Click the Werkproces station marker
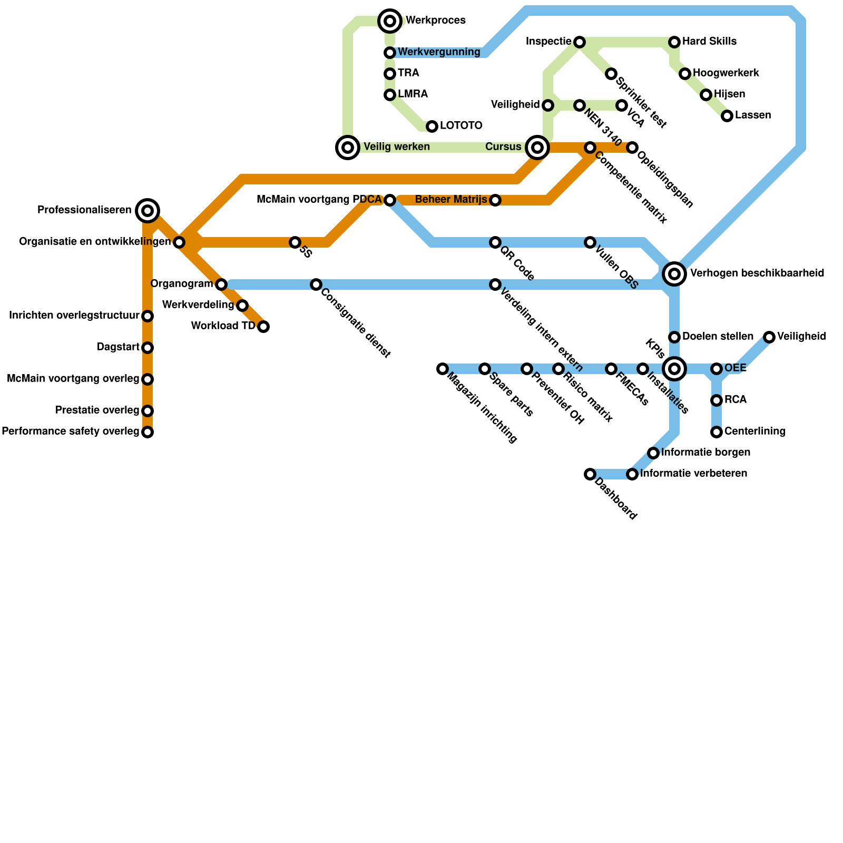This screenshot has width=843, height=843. (390, 21)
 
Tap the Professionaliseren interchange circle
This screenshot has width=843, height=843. (148, 211)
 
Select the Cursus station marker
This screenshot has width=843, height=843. (537, 148)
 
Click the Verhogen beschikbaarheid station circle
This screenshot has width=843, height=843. (674, 273)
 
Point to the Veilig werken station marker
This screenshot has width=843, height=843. (348, 148)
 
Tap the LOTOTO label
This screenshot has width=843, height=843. (461, 126)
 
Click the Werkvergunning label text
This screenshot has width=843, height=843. (439, 52)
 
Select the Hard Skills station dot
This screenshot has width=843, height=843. (674, 42)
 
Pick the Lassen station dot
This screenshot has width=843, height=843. (727, 116)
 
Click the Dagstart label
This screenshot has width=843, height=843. (118, 347)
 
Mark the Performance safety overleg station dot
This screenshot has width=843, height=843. (148, 432)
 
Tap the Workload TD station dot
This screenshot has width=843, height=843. (263, 327)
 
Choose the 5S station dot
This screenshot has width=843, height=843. (295, 242)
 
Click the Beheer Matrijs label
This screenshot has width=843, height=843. (451, 200)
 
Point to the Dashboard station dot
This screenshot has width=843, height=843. (590, 474)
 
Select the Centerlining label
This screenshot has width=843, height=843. (755, 432)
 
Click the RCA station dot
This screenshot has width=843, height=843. (717, 400)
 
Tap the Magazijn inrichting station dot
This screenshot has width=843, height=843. (443, 369)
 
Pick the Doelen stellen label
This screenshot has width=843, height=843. (718, 337)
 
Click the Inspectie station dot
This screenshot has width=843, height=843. (580, 42)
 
